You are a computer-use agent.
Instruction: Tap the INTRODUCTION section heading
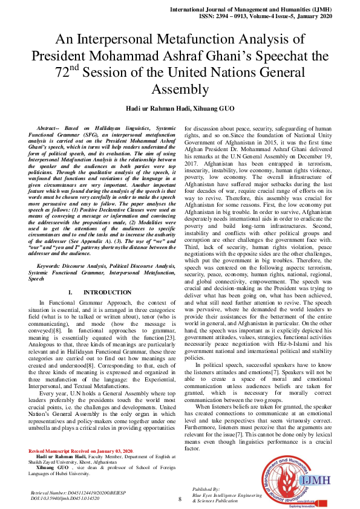98,292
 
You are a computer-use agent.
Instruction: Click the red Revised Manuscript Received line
80,452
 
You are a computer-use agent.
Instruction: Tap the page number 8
180,499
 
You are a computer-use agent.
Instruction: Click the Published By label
206,488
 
